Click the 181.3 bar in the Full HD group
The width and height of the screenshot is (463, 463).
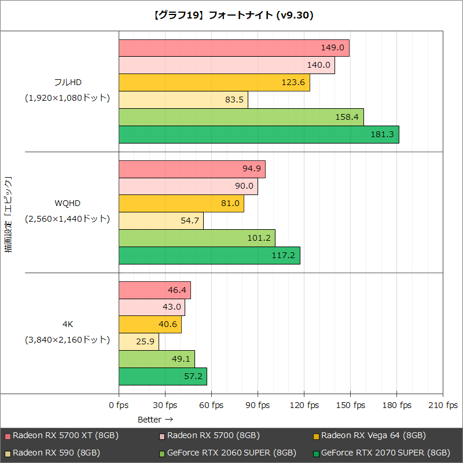[259, 135]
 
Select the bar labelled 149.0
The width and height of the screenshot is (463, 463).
[234, 48]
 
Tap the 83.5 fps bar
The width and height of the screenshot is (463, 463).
[183, 100]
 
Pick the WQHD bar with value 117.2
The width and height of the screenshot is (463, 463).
[209, 255]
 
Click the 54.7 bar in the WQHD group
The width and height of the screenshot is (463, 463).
[161, 221]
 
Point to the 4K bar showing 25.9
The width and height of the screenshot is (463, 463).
[138, 341]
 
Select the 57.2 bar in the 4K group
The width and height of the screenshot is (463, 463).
[163, 376]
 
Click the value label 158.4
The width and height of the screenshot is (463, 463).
[347, 117]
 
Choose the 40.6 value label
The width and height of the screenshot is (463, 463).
[168, 324]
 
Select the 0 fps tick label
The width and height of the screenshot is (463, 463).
[119, 405]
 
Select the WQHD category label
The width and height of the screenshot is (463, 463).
[67, 203]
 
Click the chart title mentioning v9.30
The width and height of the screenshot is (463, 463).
[231, 16]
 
